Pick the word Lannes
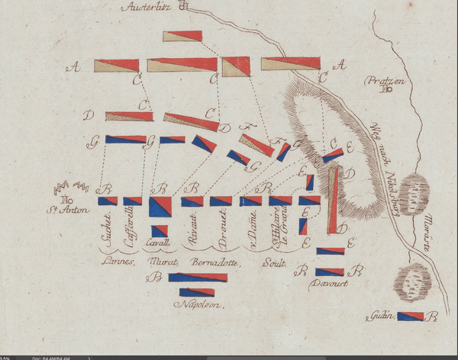click(118, 262)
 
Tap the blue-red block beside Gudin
click(409, 317)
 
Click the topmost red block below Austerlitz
click(182, 36)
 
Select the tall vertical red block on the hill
click(333, 200)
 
